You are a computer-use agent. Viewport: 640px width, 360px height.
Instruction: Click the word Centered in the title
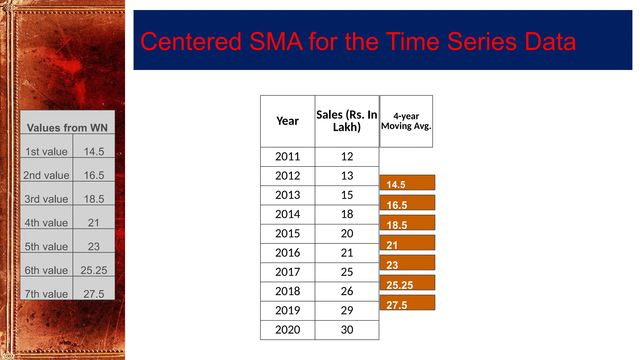point(191,42)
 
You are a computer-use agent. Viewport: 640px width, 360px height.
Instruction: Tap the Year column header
point(287,121)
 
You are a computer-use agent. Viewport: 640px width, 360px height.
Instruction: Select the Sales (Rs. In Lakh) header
point(347,121)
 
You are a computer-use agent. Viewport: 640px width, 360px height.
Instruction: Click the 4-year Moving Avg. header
point(406,121)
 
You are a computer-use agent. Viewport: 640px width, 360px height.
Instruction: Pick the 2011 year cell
point(287,157)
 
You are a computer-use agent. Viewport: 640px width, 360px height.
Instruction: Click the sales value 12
point(347,157)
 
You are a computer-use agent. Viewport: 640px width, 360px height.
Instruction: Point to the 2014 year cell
point(287,214)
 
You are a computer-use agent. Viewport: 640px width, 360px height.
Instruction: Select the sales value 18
point(347,214)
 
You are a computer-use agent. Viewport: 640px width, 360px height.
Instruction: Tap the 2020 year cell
point(287,330)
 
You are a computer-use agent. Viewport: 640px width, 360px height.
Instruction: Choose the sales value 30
point(347,330)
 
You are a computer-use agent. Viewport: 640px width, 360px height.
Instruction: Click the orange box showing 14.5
point(407,183)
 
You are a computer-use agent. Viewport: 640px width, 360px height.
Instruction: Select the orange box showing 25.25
point(407,283)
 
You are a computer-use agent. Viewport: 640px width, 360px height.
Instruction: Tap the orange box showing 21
point(407,243)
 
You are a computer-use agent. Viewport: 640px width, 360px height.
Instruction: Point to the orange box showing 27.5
point(407,303)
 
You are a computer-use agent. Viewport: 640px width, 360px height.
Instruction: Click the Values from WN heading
point(67,128)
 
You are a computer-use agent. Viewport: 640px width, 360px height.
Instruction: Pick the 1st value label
point(46,152)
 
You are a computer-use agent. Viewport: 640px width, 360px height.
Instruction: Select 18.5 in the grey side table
point(94,199)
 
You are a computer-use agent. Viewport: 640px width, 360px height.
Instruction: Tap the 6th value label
point(46,270)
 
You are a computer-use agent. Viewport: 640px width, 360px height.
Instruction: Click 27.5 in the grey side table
point(94,294)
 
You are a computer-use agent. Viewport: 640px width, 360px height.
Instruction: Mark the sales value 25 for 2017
point(347,272)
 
